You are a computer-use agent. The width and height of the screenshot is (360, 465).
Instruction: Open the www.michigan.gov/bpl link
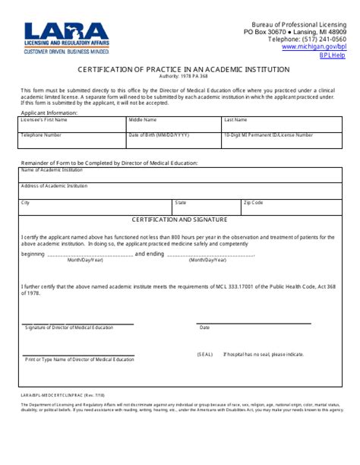click(x=314, y=46)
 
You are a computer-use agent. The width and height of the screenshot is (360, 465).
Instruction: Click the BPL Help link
click(x=332, y=55)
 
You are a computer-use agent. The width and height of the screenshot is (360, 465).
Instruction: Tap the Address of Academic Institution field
click(x=180, y=191)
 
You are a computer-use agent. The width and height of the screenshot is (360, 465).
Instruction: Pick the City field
click(x=95, y=207)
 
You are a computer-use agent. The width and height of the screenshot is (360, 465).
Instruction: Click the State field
click(x=206, y=207)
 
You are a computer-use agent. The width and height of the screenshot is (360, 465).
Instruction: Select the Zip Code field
click(x=292, y=207)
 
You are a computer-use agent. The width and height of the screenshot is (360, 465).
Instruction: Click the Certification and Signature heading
click(x=180, y=220)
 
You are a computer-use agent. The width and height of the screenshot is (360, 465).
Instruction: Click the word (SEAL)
click(x=205, y=354)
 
